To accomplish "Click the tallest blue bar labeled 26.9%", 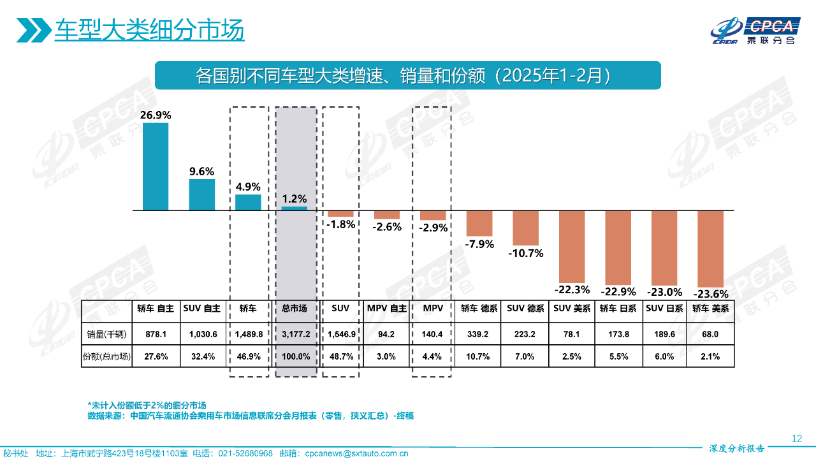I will (156, 166).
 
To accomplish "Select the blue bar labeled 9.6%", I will (202, 194).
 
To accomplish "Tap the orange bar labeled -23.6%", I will (710, 249).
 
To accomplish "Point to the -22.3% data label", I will (572, 289).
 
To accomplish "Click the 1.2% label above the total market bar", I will (295, 198).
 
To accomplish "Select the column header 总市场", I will (295, 309).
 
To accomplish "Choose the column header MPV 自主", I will (386, 309).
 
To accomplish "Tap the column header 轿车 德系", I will (479, 309).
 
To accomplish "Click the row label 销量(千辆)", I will (106, 333).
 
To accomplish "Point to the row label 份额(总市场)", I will (106, 357).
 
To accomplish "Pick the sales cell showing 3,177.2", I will (295, 333).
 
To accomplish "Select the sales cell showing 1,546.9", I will (340, 333).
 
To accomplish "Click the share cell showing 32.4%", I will (202, 357).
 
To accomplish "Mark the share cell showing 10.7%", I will (479, 357).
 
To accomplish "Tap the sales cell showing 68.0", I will (710, 333).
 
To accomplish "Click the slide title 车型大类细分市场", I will (149, 30).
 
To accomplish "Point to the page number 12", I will (796, 438).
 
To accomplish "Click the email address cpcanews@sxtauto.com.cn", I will (356, 453).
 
